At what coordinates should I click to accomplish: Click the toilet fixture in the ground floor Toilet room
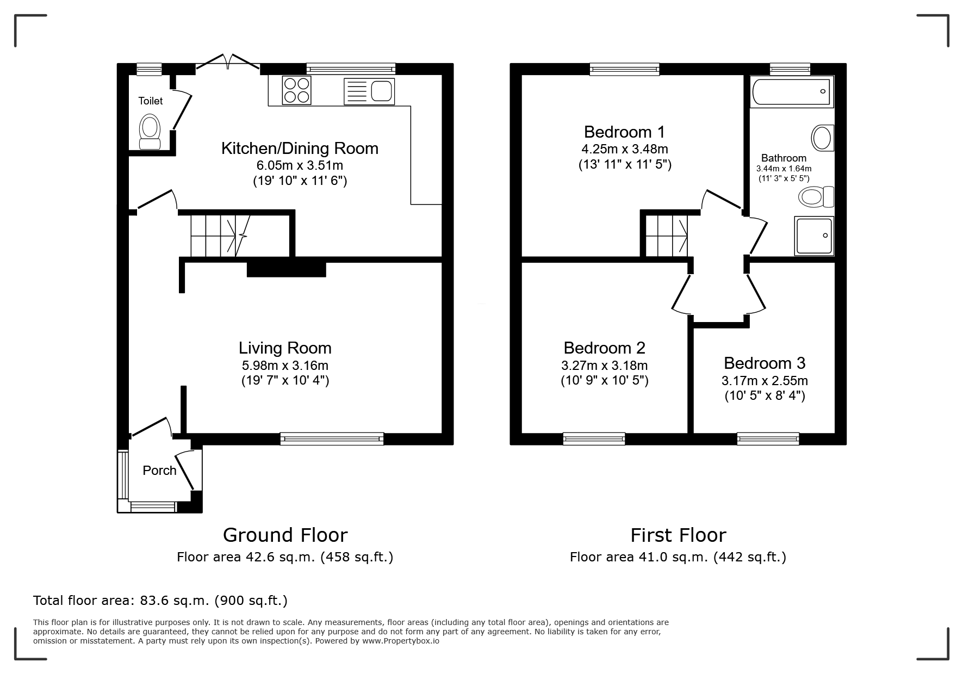150,132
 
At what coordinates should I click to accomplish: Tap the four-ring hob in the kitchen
297,90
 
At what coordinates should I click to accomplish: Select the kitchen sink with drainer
369,91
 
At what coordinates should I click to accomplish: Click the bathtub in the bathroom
792,91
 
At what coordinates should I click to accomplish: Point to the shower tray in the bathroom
814,236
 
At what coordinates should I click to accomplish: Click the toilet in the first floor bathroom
816,196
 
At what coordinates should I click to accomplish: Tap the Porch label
159,471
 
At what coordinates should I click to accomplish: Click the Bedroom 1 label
624,132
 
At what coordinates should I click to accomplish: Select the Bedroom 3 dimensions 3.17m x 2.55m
765,380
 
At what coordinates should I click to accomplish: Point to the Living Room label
285,348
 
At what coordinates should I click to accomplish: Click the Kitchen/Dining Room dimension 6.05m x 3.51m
300,165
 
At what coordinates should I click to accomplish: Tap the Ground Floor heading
285,535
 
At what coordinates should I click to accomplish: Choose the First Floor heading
678,535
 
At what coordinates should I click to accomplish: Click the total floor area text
160,601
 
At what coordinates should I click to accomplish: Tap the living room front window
332,438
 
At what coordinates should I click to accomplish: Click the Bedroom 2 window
594,438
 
